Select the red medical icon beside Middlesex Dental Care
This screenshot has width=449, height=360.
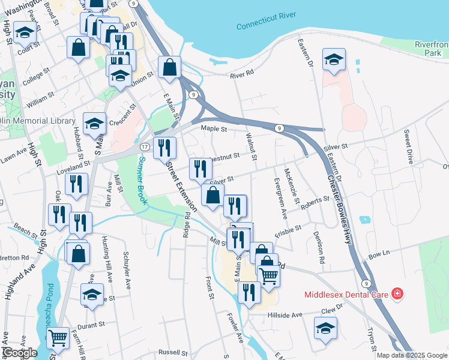click(396, 294)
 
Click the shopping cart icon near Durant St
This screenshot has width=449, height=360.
click(58, 338)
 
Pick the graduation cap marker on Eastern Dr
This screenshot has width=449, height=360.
click(334, 59)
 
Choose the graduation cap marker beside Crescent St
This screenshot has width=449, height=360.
click(94, 123)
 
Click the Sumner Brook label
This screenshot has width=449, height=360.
click(142, 181)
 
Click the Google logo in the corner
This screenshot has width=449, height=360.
click(19, 352)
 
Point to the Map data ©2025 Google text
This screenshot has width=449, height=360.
click(412, 355)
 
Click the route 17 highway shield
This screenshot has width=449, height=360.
click(145, 146)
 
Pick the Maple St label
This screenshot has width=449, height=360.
click(214, 128)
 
